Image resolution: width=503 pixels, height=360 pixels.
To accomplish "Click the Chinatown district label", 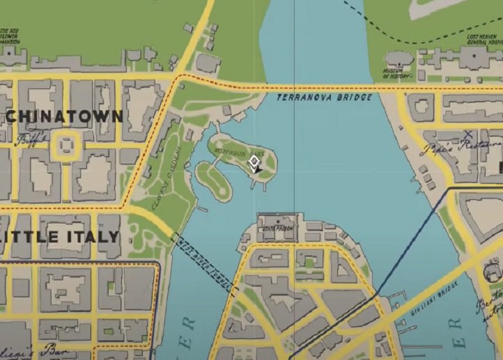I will point(64,116).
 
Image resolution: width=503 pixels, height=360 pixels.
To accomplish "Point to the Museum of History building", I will point(398,58).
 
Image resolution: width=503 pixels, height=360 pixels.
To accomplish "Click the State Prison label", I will point(277,228).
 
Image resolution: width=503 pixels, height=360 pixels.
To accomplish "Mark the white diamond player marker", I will point(254,163).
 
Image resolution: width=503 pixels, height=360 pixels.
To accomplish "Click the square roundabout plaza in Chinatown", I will point(65,145).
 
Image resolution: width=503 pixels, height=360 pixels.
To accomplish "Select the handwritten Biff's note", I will point(32,139).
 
